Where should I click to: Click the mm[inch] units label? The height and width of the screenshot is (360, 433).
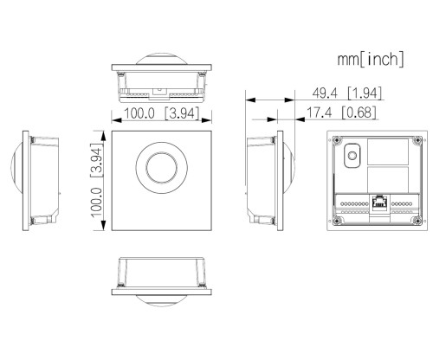[370, 60]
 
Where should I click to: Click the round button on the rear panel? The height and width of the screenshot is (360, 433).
[352, 156]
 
